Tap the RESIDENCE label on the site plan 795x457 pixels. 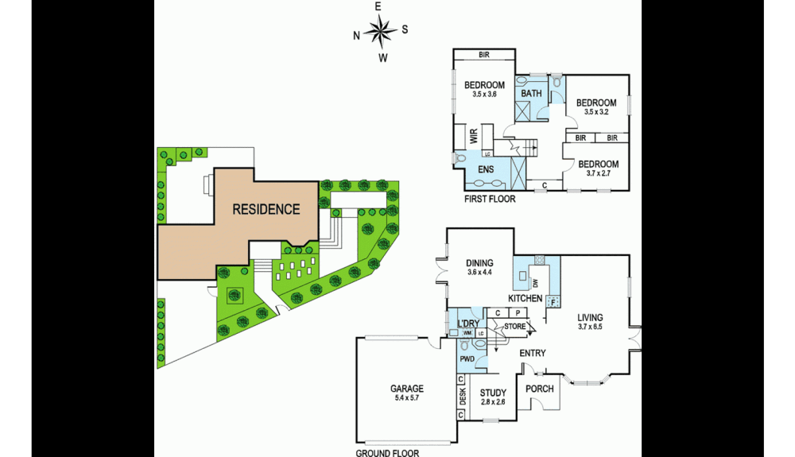tap(266, 210)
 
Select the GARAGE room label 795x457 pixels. tap(406, 389)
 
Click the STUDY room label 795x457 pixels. tap(493, 391)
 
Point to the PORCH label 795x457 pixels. tap(540, 389)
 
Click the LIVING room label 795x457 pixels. tap(592, 316)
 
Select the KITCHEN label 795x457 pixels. tap(525, 298)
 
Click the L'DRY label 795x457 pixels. tap(468, 323)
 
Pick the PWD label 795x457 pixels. tap(467, 359)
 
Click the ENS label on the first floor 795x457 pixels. tap(485, 169)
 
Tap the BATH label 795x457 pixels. tap(531, 94)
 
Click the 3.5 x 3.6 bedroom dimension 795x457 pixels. tap(484, 95)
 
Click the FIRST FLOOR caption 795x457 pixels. tap(490, 199)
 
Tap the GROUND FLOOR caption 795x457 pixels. tap(387, 451)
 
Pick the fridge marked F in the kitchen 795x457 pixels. tap(553, 300)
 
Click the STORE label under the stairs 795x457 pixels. tap(515, 325)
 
